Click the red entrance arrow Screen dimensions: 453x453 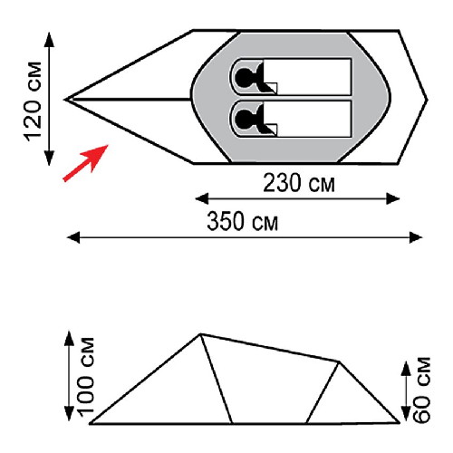(85, 163)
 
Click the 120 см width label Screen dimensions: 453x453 (33, 101)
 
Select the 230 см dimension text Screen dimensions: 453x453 (299, 183)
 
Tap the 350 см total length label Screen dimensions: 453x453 (242, 221)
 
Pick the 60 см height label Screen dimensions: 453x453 (422, 390)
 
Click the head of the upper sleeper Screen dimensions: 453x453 (245, 77)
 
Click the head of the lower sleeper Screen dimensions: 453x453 (245, 119)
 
